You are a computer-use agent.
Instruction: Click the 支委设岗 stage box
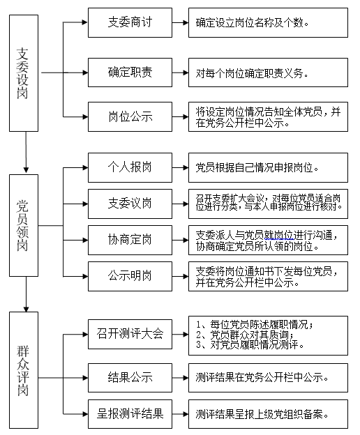pos(24,73)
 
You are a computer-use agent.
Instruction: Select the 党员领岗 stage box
pos(24,226)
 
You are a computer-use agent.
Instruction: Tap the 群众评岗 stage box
pos(24,370)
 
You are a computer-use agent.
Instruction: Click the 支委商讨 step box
pos(130,22)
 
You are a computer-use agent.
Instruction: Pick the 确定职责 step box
pos(130,72)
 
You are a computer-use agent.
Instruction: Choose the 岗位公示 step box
pos(130,116)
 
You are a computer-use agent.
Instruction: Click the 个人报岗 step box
pos(130,167)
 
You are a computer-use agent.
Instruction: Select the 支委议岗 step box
pos(130,204)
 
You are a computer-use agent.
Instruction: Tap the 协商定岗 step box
pos(130,240)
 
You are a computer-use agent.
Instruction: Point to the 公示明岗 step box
pos(130,276)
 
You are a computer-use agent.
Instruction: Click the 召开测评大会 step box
pos(130,334)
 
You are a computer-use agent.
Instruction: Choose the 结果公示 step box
pos(130,378)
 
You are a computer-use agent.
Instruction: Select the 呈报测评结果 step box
pos(130,414)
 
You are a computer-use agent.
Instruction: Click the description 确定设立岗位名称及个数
pos(253,23)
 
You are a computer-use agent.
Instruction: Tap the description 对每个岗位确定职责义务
pos(252,73)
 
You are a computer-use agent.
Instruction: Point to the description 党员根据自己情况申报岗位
pos(257,168)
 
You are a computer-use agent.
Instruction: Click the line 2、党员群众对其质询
pos(245,335)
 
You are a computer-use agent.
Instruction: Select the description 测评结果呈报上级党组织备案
pos(262,414)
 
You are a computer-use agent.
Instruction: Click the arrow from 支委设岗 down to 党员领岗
pos(26,152)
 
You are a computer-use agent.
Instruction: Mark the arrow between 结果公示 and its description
pos(180,378)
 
